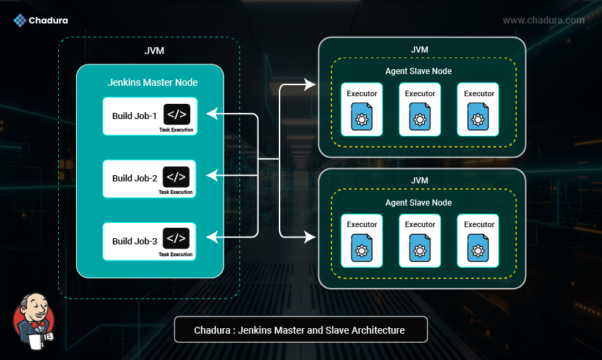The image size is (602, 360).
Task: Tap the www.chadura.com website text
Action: [543, 20]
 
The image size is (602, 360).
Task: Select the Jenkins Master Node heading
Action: [152, 82]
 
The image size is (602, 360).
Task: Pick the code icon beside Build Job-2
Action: [176, 177]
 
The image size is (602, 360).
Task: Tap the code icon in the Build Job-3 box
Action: [176, 239]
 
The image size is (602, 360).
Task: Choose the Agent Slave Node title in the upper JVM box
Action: [419, 71]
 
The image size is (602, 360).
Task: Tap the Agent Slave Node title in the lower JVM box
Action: [419, 203]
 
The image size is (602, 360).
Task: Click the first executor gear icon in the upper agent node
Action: [361, 118]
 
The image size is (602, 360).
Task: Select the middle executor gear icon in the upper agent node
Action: [419, 118]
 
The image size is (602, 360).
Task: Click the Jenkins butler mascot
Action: [33, 321]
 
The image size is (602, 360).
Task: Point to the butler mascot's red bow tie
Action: [37, 324]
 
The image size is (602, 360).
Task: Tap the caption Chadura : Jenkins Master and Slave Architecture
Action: [300, 330]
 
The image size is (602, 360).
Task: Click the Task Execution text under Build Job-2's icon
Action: [176, 192]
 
